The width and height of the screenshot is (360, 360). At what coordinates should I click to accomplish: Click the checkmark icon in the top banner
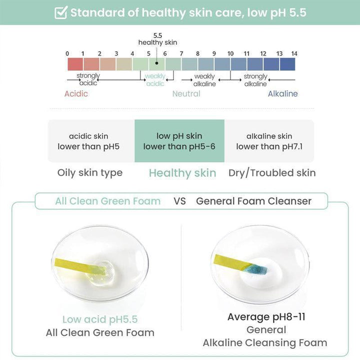coord(61,12)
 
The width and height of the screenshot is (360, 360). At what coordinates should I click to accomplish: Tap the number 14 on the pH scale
coord(294,53)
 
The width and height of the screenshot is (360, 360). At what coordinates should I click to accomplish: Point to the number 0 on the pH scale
coord(67,53)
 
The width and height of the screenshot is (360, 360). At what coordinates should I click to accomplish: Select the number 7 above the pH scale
coord(181,53)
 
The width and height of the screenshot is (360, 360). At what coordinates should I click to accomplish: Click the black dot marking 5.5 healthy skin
coord(156,63)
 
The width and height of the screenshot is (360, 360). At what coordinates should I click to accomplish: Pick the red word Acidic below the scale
coord(76,93)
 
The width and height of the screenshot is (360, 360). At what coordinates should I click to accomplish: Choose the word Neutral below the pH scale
coord(186,93)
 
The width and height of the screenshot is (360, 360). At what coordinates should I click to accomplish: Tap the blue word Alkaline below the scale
coord(282,93)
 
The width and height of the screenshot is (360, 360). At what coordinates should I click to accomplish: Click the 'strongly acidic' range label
coord(88,79)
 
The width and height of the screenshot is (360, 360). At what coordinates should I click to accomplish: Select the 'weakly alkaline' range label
coord(204,80)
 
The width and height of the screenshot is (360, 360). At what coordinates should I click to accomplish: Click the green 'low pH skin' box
coord(179,141)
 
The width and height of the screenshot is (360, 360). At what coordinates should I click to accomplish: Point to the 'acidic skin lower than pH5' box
coord(88,141)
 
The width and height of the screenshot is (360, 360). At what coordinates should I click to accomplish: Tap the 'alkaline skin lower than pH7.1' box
coord(269,141)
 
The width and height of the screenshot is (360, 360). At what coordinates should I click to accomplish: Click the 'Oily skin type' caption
coord(90,173)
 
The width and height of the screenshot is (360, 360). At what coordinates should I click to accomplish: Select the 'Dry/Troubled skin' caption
coord(272,173)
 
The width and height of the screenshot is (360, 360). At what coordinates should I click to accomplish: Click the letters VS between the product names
coord(179,201)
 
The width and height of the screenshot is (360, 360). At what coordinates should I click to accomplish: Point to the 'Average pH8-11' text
coord(266,316)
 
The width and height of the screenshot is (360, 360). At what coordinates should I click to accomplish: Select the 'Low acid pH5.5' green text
coord(100,319)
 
